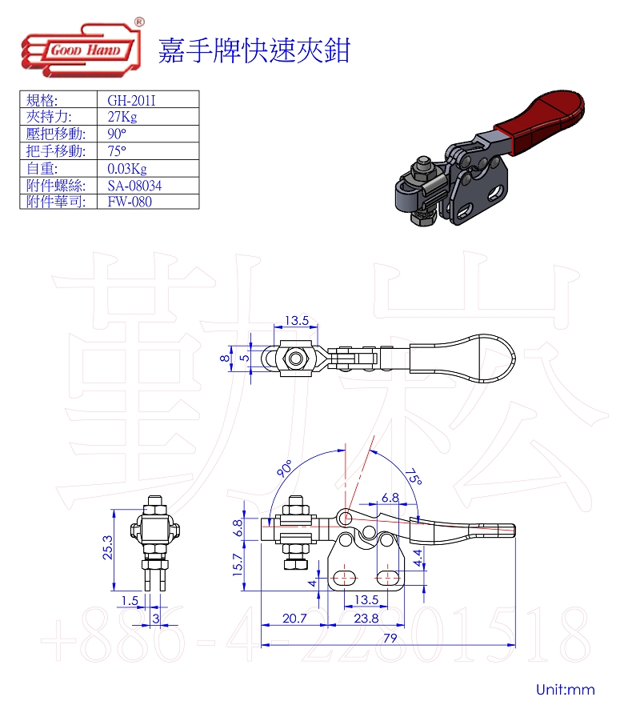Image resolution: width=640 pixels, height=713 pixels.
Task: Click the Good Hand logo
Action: point(81,50)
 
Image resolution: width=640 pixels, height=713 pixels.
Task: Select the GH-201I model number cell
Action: point(131,100)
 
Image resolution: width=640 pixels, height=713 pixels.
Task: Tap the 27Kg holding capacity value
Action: point(122,117)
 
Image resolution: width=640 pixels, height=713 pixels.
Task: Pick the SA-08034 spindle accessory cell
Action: point(134,186)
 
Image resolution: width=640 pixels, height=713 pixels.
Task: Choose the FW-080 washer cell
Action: point(130,202)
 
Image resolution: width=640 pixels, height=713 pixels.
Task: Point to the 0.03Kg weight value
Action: point(127,169)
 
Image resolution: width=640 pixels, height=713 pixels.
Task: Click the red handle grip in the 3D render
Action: point(539,121)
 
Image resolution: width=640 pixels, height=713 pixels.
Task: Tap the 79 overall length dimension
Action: point(390,638)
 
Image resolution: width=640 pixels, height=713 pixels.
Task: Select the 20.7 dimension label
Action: point(294,618)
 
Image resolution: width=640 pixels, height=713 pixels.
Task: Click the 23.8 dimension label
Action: point(366,618)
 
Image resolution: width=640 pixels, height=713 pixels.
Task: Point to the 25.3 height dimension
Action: point(107,547)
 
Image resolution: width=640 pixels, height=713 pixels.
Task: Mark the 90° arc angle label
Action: point(284,468)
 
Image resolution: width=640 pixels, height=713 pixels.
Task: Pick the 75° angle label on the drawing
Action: point(414,477)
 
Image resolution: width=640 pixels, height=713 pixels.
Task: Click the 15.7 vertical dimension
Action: point(238,565)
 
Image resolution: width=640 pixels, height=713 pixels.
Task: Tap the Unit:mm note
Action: point(566,689)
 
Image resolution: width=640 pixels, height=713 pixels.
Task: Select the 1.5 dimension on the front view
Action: point(130,600)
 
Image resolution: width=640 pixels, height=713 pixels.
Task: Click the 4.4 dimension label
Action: point(418,558)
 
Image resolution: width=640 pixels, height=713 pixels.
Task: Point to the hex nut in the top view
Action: point(295,359)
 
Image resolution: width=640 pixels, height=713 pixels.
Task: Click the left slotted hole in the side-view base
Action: point(345,578)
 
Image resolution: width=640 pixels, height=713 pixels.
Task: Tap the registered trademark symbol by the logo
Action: point(139,22)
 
